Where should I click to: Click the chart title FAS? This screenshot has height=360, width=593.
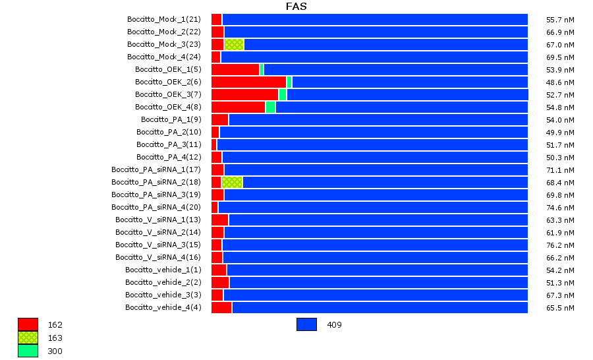coord(296,7)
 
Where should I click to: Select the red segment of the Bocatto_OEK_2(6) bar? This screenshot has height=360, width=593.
coord(248,82)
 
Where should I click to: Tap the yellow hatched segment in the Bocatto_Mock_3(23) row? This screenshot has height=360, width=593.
coord(234,44)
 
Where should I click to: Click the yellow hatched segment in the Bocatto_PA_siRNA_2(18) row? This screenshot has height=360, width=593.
coord(232,182)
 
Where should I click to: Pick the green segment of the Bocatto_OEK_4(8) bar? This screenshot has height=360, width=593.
coord(270,107)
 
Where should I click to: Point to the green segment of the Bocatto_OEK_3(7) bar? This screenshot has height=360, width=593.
coord(283,94)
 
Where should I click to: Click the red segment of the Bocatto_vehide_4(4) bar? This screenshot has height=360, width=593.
coord(221,307)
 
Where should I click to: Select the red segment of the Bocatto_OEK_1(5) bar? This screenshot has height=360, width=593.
coord(235,69)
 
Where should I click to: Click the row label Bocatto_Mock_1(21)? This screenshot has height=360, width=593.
coord(164,19)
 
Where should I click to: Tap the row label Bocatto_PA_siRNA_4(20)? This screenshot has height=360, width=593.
coord(156,207)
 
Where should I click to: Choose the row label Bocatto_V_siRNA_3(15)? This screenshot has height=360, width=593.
coord(158,245)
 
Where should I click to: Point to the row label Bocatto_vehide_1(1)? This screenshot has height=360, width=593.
coord(163,270)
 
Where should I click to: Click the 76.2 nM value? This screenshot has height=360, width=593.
coord(561,245)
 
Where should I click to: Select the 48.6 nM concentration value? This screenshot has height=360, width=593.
coord(561,82)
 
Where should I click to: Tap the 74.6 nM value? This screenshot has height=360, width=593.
coord(561,208)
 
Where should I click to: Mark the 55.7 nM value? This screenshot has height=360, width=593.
coord(561,20)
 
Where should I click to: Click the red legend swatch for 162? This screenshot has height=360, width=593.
coord(28,324)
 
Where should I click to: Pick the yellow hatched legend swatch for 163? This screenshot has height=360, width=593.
coord(28,338)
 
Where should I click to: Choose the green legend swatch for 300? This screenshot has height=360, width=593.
coord(28,351)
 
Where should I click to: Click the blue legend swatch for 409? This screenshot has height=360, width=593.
coord(306,324)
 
